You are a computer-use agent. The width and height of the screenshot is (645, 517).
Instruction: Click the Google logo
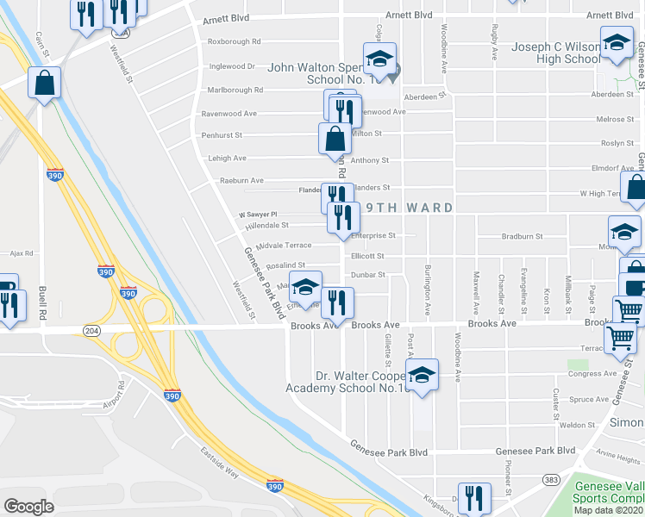tap(28, 506)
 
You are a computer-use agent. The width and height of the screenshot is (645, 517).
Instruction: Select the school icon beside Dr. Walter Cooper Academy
tap(421, 375)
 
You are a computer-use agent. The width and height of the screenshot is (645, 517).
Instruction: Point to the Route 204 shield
tap(91, 331)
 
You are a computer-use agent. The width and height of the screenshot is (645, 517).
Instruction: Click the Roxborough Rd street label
tap(234, 41)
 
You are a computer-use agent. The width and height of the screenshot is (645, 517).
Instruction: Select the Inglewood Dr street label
tap(233, 65)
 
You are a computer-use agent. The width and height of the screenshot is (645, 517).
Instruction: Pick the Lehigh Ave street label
tap(227, 159)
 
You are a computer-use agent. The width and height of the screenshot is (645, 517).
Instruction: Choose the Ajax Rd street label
tap(22, 253)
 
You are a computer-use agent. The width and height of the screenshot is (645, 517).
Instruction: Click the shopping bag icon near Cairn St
tap(45, 83)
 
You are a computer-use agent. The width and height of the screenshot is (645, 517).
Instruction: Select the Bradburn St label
tap(523, 236)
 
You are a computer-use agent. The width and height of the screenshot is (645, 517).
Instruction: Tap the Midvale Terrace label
tap(286, 246)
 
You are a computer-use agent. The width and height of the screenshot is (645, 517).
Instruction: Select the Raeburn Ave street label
tap(241, 181)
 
